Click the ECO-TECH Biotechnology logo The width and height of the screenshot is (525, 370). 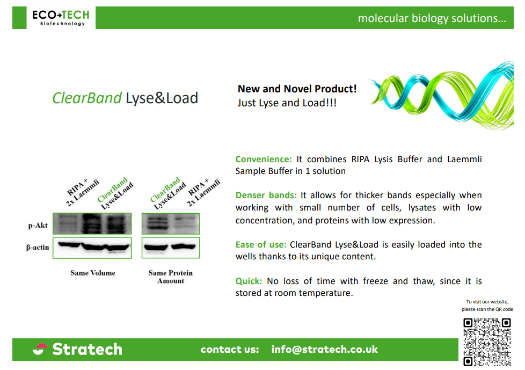pos(61,18)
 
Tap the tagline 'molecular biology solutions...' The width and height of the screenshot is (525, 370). pos(432,18)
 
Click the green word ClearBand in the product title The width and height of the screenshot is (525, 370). pos(87,98)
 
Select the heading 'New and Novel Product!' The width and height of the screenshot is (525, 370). pos(297,89)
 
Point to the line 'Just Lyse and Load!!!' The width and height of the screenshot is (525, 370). pos(287,103)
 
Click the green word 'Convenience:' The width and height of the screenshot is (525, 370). pos(264,159)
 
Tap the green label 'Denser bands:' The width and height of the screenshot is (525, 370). pos(266,195)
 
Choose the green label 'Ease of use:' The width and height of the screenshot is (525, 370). pos(261,245)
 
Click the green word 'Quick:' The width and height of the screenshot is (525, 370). pos(249,281)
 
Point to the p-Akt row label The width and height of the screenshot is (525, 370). pos(38,226)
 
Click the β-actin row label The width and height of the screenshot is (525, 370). pos(38,248)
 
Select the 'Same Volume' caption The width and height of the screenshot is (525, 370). pos(93,273)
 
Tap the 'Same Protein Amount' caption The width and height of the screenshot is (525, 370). pos(171,277)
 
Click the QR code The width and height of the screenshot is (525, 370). pos(487,342)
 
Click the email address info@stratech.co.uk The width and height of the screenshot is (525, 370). pos(324,349)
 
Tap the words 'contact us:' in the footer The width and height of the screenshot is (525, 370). pos(230,350)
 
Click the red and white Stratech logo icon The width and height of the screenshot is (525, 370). pos(40,349)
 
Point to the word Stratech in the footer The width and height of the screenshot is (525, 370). pos(87,349)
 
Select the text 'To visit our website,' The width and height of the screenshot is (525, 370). pos(487,302)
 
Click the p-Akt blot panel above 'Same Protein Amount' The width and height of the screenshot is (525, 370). pos(171,224)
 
